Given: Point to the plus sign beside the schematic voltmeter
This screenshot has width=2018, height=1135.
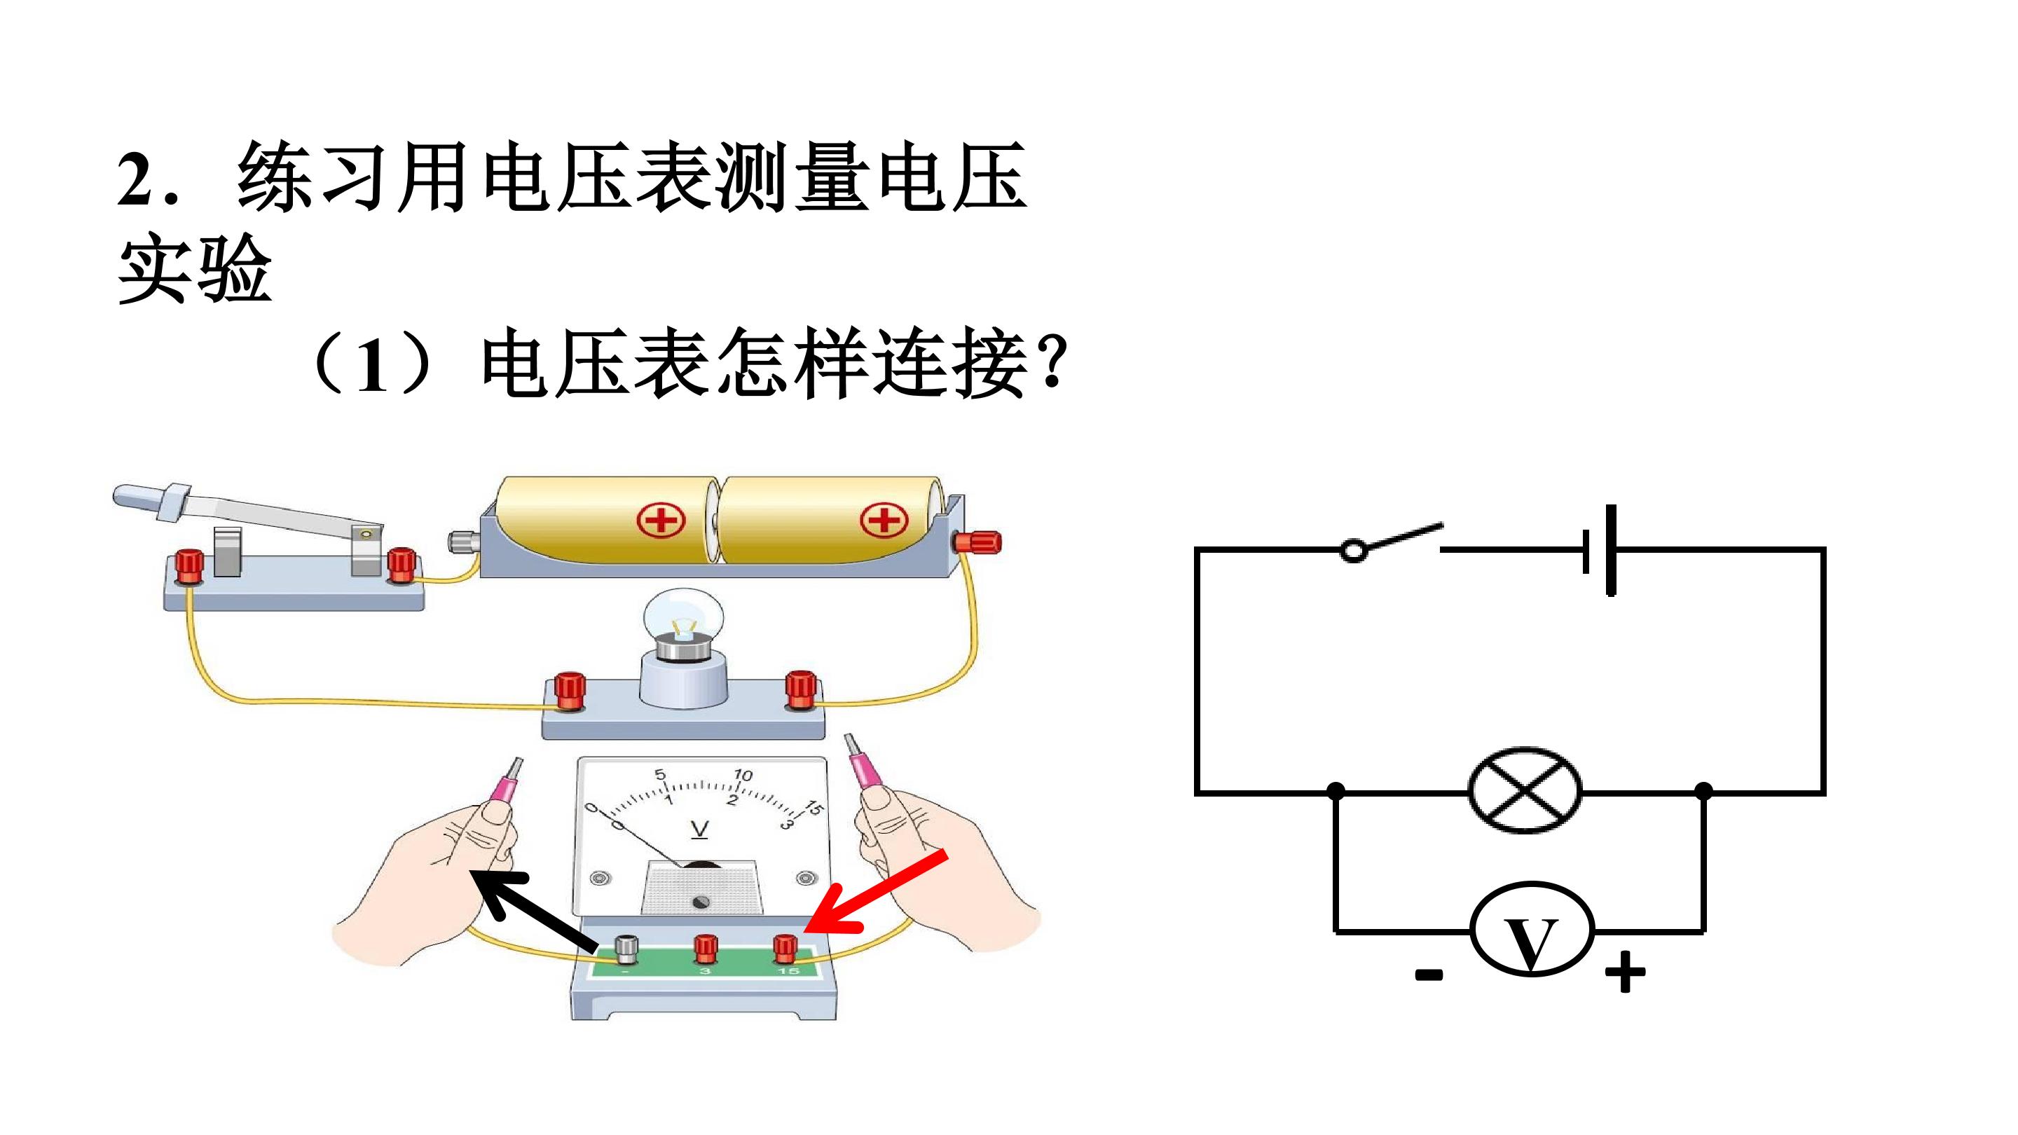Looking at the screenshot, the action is coord(1625,972).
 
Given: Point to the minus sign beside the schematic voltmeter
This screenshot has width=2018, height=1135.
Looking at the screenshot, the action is coord(1429,975).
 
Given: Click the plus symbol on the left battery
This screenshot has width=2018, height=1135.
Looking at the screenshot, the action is coord(661,520).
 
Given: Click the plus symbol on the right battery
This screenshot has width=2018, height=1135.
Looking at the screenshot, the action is coord(884,520).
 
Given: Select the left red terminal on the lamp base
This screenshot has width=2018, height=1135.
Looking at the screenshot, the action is coord(570,689).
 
